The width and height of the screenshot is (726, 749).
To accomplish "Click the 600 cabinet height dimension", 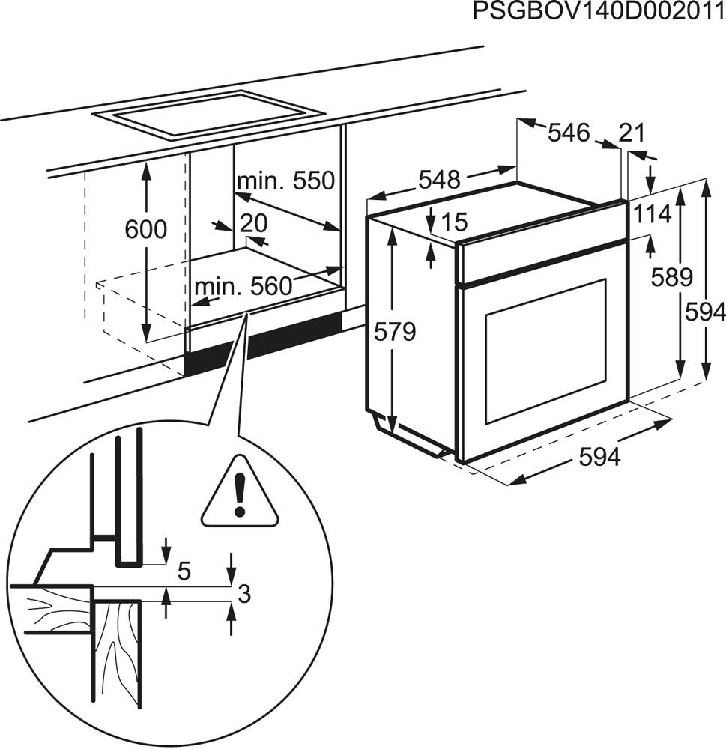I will [x=146, y=229].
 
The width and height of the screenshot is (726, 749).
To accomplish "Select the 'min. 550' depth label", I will [x=283, y=181].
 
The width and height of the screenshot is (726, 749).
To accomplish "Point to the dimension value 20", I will [x=254, y=223].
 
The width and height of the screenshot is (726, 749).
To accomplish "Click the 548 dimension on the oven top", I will [x=438, y=180].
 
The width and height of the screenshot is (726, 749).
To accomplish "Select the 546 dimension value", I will [x=569, y=133].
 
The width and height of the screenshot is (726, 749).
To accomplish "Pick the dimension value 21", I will [x=632, y=133].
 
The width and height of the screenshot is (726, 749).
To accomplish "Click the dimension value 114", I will [x=651, y=214].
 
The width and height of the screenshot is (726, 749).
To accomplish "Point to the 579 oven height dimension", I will [x=394, y=331].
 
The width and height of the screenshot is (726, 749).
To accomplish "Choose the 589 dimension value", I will [x=671, y=277].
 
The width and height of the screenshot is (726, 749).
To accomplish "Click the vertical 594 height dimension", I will [x=705, y=312].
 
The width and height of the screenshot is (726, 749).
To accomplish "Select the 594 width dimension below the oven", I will [x=599, y=457].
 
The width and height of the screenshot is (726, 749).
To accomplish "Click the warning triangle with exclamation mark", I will [x=239, y=494].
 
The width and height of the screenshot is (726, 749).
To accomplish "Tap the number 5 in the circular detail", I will [x=184, y=571].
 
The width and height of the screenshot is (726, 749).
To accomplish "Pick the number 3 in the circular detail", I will [x=243, y=595].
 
